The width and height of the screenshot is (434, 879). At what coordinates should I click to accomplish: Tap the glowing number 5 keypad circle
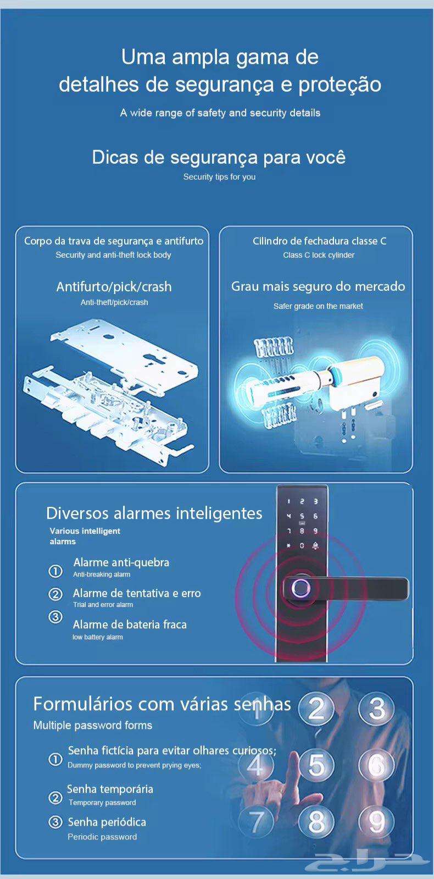click(x=316, y=765)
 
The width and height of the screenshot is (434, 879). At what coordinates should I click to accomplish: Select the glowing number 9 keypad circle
click(x=376, y=822)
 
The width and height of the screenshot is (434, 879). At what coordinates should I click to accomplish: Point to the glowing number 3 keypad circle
click(x=376, y=707)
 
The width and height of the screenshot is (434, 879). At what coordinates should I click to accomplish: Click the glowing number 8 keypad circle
click(x=316, y=822)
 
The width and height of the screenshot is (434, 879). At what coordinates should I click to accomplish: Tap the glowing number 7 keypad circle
click(x=257, y=822)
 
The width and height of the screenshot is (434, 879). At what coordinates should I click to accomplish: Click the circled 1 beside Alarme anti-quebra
click(x=55, y=571)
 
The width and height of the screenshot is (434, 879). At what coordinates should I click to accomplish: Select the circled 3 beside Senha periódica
click(x=55, y=821)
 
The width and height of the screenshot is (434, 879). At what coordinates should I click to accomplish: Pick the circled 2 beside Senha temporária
click(x=55, y=797)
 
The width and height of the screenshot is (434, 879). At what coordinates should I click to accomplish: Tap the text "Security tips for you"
click(x=219, y=177)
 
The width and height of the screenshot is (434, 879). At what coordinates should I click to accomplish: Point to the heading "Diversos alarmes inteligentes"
click(x=154, y=513)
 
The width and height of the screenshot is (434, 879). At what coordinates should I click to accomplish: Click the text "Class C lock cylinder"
click(x=319, y=255)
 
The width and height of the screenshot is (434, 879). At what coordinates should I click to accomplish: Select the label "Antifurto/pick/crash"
click(x=114, y=287)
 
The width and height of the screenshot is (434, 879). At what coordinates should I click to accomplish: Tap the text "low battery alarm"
click(x=98, y=637)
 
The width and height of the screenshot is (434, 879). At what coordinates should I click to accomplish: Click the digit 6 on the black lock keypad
click(x=315, y=516)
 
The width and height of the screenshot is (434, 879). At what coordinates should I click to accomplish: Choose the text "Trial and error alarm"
click(x=103, y=605)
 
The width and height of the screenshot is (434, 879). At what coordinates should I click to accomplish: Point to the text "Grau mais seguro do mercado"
click(x=318, y=286)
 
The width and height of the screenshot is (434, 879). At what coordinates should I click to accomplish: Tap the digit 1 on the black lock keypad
click(x=288, y=501)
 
